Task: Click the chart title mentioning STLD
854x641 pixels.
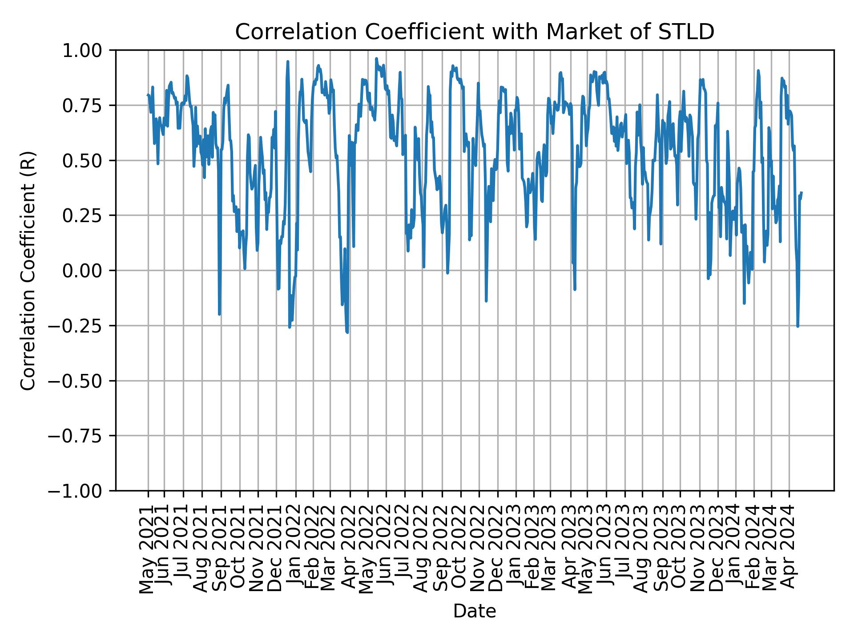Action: [474, 32]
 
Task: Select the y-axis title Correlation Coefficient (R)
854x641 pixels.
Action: [28, 271]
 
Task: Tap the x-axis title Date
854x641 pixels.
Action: [474, 612]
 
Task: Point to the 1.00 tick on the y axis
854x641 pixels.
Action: [89, 50]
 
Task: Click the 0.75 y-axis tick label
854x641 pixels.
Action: [89, 105]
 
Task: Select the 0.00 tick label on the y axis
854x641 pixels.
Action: [89, 271]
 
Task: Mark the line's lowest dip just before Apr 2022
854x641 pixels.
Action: [347, 332]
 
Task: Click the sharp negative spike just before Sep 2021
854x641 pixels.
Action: [219, 314]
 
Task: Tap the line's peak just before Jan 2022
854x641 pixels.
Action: [288, 62]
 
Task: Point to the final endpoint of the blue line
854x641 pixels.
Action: [801, 193]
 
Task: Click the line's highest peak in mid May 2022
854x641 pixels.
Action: [376, 59]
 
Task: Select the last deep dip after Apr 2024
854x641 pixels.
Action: [798, 326]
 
